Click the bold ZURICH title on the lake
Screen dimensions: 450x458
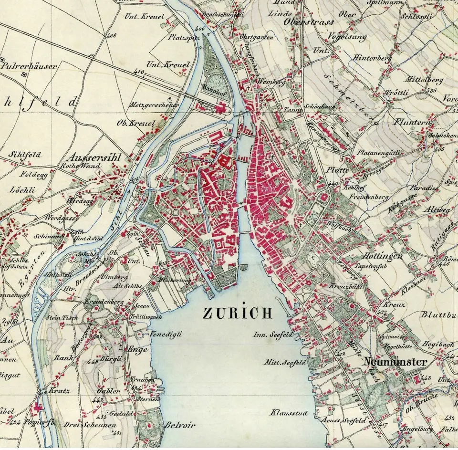pos(238,313)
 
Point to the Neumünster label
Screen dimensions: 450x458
pos(395,362)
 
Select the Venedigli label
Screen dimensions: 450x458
pos(167,334)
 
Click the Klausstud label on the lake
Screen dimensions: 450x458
pos(289,412)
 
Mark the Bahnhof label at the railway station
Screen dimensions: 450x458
pos(216,87)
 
